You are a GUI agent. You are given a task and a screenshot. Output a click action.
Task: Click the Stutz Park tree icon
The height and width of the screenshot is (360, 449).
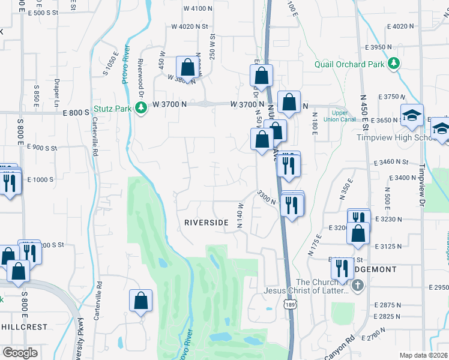[x=140, y=108]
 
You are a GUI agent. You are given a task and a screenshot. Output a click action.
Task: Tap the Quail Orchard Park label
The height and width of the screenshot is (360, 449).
[x=349, y=64]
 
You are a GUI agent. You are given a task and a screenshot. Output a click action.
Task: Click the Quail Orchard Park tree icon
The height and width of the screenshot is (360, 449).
[x=393, y=62]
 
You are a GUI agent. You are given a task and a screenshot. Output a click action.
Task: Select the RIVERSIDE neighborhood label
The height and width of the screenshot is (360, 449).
[x=206, y=223]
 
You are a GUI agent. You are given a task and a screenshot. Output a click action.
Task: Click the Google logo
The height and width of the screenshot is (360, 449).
[x=20, y=353]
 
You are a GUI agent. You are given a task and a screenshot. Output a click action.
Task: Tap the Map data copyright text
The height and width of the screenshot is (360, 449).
[x=424, y=355]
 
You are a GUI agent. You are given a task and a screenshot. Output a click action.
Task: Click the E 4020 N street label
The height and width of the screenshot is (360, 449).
[x=401, y=26]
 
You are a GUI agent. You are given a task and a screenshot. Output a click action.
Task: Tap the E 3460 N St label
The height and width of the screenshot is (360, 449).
[x=390, y=162]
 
